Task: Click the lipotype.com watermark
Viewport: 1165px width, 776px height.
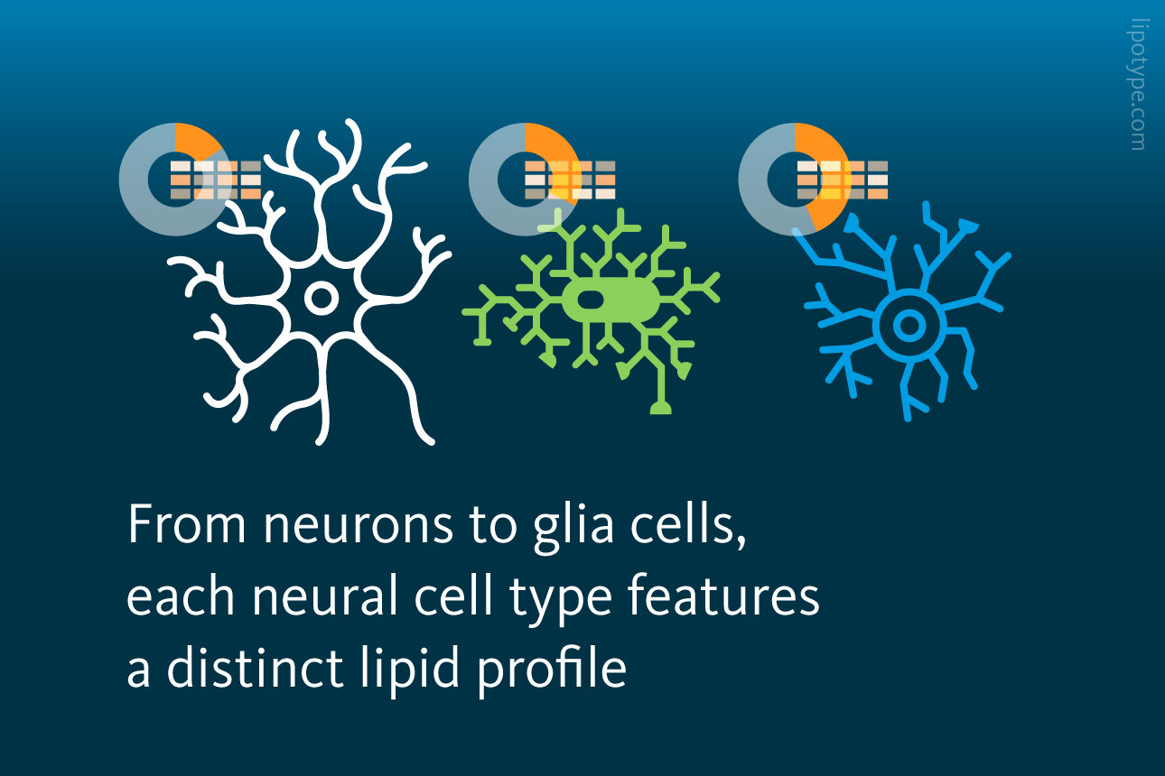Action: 1138,85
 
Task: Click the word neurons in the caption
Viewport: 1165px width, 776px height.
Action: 359,524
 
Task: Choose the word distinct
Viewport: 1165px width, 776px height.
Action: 255,668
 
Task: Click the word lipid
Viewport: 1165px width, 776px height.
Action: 410,670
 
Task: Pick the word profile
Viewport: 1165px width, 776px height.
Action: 552,670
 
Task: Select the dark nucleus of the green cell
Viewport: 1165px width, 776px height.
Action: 591,300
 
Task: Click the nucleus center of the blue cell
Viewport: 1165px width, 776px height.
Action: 909,326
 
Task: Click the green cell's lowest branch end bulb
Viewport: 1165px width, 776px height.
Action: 661,408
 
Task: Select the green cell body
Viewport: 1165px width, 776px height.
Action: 611,300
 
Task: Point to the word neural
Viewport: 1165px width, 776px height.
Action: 326,596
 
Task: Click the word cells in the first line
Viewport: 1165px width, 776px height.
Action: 688,522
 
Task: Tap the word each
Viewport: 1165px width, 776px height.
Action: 180,596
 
